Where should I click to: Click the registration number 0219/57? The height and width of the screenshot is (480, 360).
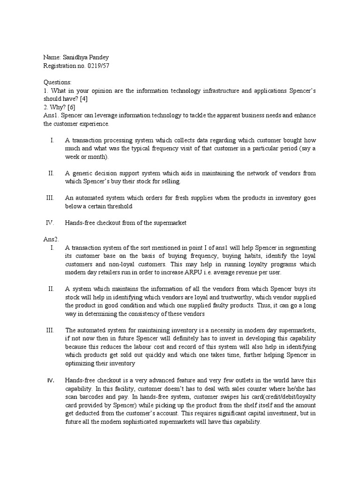click(x=97, y=65)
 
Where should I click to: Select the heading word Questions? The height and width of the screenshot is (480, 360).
click(x=57, y=82)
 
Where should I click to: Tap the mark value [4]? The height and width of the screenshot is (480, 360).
click(x=86, y=98)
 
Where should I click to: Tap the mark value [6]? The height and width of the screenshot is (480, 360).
click(x=69, y=107)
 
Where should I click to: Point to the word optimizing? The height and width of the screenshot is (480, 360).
click(x=81, y=363)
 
